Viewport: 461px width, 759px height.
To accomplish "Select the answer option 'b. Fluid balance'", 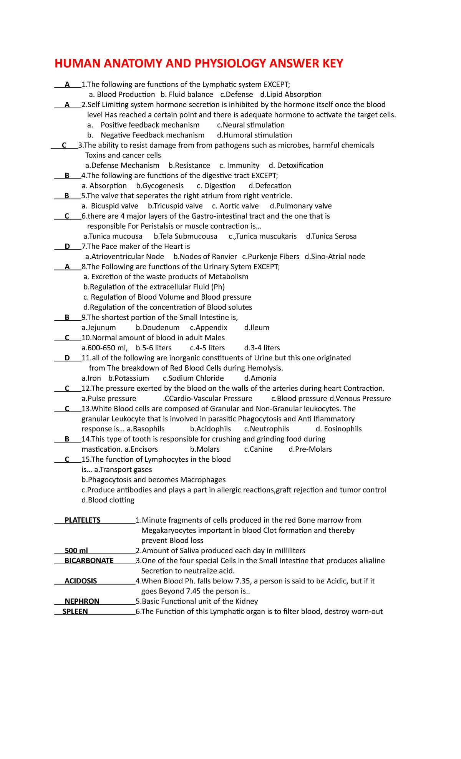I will tap(187, 94).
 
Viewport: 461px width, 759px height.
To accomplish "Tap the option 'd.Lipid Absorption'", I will tap(291, 94).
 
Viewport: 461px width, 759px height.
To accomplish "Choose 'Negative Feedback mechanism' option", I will tap(152, 135).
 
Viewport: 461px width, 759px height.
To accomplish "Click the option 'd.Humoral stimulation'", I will tap(254, 135).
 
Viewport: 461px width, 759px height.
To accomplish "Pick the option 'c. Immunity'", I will tap(239, 166).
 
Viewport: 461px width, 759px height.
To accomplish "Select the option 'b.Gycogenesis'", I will tap(160, 186).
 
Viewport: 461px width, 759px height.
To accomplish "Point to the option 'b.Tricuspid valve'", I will tap(175, 206).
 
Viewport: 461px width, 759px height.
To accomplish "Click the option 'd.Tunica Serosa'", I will tap(331, 236).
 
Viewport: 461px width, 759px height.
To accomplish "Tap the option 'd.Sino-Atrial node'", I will tap(335, 257).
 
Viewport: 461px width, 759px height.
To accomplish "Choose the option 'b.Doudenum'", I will tap(158, 328).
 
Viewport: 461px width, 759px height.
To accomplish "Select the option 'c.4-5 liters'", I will tap(207, 348).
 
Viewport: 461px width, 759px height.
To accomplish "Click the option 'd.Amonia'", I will tap(260, 378).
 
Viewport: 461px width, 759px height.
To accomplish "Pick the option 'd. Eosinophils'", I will tap(338, 429).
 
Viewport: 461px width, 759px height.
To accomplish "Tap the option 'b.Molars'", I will tap(205, 449).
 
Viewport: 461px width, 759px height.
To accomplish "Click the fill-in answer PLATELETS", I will tap(83, 520).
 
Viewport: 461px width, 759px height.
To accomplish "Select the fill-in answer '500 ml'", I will tap(76, 551).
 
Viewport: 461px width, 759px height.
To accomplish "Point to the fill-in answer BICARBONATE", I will tap(89, 561).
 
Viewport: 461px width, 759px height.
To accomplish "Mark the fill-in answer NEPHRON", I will tap(82, 602).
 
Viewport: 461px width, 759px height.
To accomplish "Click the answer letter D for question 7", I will tap(67, 247).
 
